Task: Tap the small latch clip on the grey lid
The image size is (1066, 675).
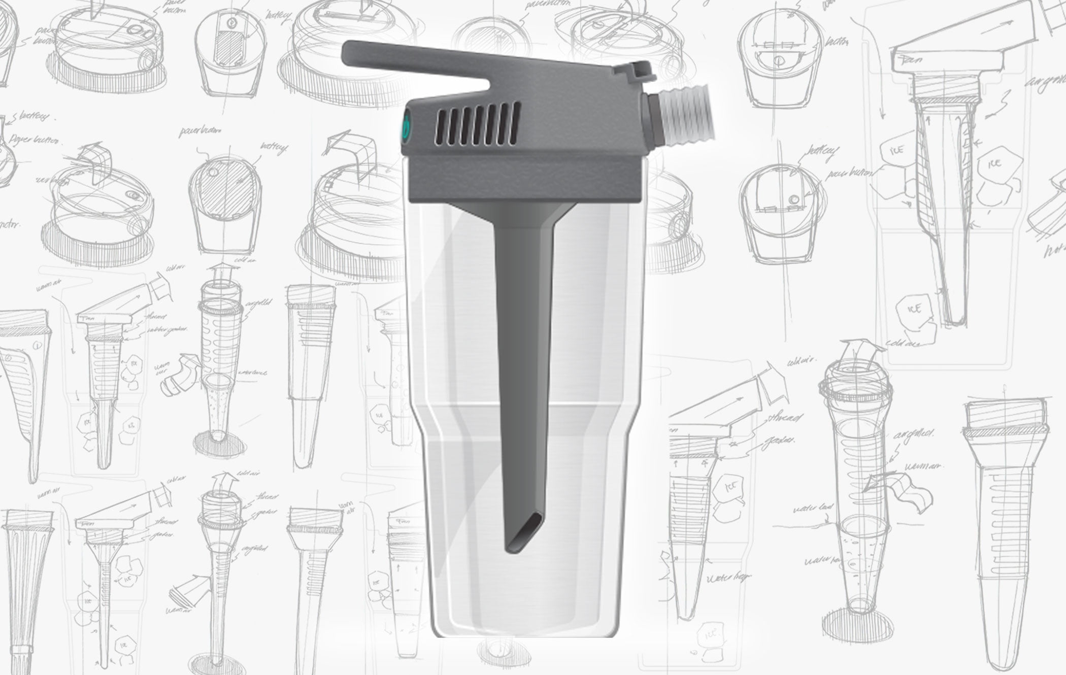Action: [x=635, y=71]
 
